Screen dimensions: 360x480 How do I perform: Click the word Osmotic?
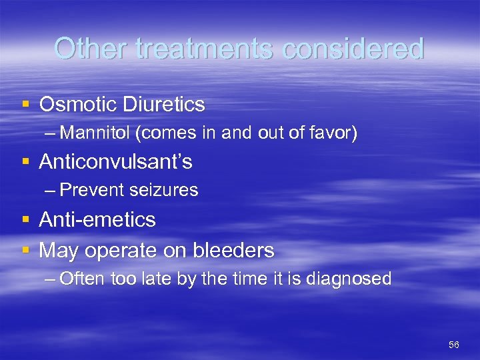click(77, 105)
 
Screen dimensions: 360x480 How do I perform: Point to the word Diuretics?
click(162, 105)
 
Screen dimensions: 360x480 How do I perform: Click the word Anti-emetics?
click(97, 220)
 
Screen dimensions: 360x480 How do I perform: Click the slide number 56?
click(454, 345)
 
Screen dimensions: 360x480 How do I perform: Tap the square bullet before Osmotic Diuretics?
click(25, 105)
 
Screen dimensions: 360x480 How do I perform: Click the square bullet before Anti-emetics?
click(25, 221)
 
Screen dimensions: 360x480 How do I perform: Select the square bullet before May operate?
click(25, 251)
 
